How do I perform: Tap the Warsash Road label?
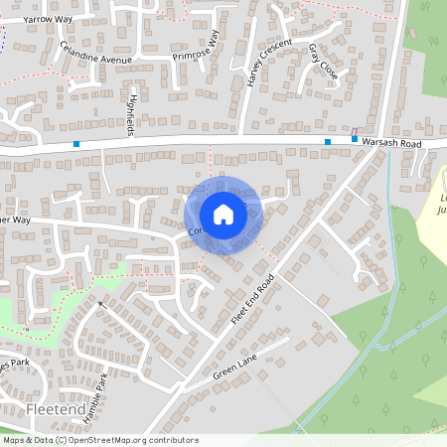pos(393,143)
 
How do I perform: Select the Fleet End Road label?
pos(251,297)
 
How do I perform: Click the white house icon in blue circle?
pos(223,215)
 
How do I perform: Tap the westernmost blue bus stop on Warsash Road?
pos(76,144)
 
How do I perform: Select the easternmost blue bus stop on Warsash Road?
pos(355,140)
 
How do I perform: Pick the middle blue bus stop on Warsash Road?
pos(328,142)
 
